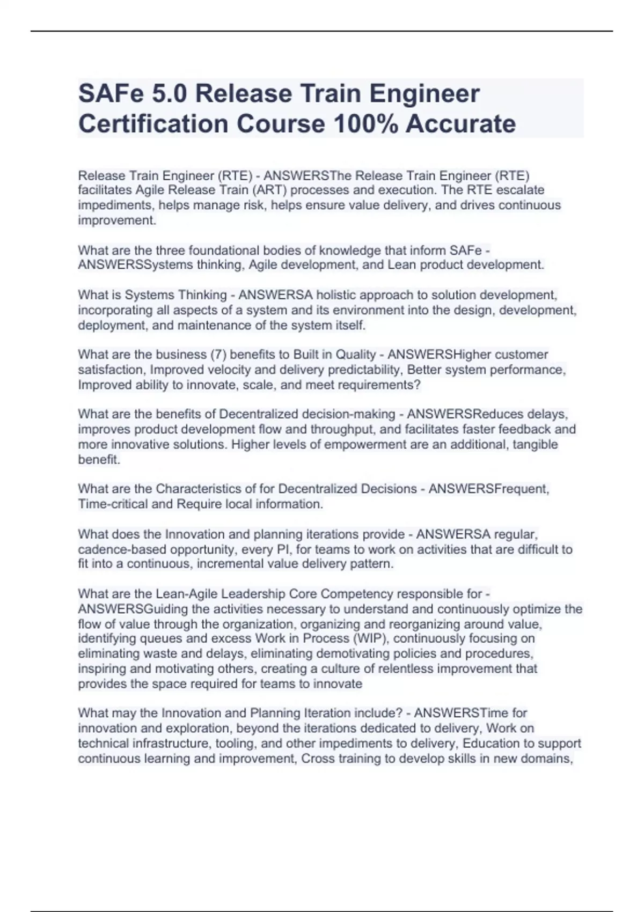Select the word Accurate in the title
point(460,124)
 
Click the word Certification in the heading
point(153,124)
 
